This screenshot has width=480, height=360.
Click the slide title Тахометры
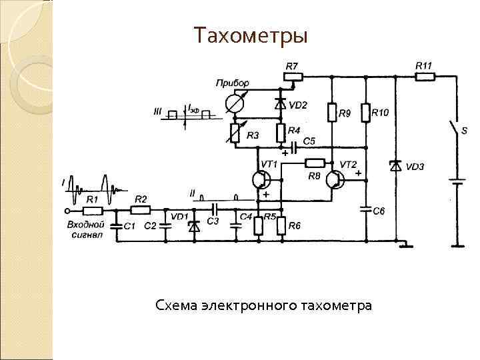[x=251, y=35]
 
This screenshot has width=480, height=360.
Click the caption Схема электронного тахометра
[x=263, y=305]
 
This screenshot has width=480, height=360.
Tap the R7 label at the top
[x=292, y=66]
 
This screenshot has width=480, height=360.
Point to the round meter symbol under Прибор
[x=234, y=103]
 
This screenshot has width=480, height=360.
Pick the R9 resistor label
[x=345, y=114]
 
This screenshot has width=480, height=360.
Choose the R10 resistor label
[x=380, y=113]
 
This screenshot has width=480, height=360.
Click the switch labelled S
[x=455, y=130]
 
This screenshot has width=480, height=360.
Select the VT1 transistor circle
[x=260, y=180]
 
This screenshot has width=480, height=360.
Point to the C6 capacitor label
[x=379, y=211]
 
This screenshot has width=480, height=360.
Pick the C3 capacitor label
[x=213, y=221]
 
